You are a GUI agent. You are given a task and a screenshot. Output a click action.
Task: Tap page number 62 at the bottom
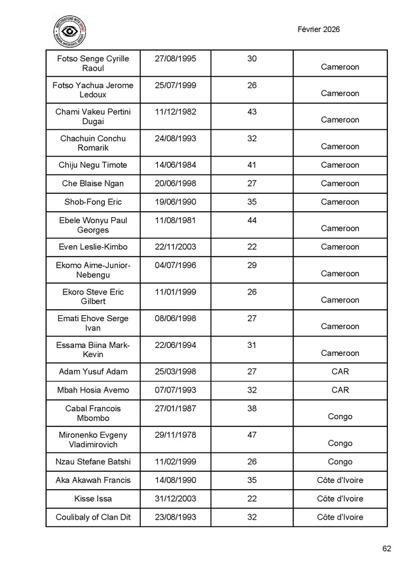tap(387, 548)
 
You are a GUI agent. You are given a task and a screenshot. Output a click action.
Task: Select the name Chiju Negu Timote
tap(93, 165)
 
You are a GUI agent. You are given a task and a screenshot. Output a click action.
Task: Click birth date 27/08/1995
tap(175, 59)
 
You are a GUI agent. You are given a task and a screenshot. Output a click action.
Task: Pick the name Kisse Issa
tap(93, 498)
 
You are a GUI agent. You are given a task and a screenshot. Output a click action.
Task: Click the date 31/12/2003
tap(175, 498)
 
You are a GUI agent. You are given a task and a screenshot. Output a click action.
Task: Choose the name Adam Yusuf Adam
tap(93, 372)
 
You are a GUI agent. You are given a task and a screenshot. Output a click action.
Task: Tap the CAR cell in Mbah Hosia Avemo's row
tap(340, 390)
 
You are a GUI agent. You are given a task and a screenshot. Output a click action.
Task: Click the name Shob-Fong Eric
tap(93, 202)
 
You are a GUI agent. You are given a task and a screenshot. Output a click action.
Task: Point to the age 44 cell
tap(252, 221)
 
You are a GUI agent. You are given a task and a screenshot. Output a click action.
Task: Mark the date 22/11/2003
tap(175, 247)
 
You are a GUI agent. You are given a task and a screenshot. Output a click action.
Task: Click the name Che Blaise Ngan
tap(93, 183)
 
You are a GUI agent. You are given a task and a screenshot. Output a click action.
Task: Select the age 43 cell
tap(252, 112)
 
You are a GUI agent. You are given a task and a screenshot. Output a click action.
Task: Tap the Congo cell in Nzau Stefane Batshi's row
tap(340, 462)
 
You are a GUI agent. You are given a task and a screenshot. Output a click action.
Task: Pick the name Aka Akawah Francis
tap(93, 480)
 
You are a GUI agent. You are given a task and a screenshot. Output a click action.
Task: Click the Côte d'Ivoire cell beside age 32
tap(340, 517)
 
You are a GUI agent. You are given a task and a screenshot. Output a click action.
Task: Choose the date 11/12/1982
tap(175, 112)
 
